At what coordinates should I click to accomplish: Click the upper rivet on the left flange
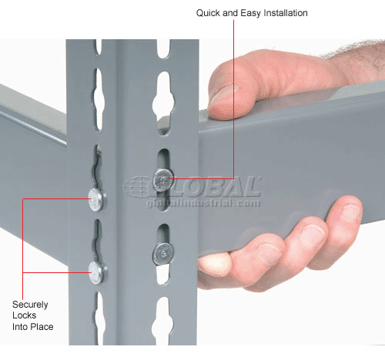96,200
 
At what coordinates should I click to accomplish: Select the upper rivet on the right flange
162,179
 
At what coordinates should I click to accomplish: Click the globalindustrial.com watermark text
196,203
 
